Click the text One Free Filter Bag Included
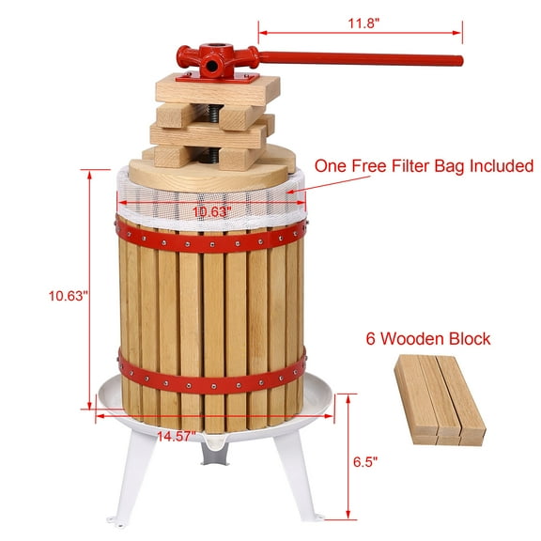pyautogui.click(x=424, y=166)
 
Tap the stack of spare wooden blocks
pyautogui.click(x=439, y=398)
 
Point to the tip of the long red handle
pyautogui.click(x=459, y=61)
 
